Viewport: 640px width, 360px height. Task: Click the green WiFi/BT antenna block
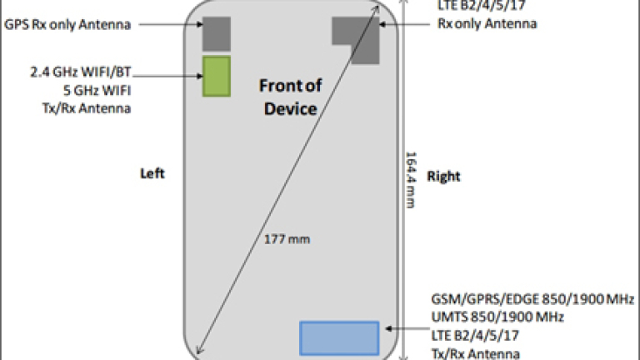(216, 75)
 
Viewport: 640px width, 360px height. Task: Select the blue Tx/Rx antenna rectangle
(338, 337)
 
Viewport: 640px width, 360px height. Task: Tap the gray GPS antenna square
(216, 33)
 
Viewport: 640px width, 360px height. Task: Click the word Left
(152, 173)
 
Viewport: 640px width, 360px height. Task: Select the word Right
(443, 177)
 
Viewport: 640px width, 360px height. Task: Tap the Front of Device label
(288, 97)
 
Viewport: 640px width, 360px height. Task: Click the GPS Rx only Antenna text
(67, 25)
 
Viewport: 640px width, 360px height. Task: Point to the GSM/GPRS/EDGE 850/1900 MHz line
(532, 299)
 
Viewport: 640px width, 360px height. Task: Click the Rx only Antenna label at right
(487, 24)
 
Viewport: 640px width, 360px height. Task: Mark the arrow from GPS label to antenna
(167, 25)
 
